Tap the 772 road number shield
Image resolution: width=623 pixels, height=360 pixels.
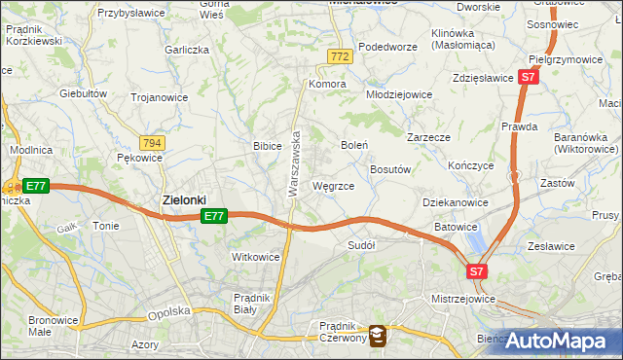pos(339,58)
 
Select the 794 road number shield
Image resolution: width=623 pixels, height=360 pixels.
pos(152,142)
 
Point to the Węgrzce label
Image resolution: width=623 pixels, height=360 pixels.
pos(333,185)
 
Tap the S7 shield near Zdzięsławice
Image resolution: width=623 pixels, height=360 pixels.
pos(528,76)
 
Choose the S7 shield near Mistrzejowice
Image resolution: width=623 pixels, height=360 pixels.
pos(476,271)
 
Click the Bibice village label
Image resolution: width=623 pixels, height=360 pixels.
pos(268,146)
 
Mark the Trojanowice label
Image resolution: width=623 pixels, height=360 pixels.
pos(160,97)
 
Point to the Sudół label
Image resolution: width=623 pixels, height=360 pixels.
pos(361,245)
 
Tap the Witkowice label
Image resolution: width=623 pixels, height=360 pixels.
pos(255,257)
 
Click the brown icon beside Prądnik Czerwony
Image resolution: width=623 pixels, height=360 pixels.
pos(378,335)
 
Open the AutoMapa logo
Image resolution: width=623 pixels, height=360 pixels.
pos(558,342)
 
